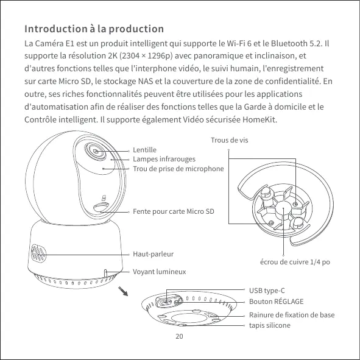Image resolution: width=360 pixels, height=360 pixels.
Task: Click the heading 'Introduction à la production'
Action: coord(94,29)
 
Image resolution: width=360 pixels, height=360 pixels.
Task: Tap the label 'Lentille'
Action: coord(144,150)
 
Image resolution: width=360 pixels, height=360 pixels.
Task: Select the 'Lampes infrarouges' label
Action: coord(164,159)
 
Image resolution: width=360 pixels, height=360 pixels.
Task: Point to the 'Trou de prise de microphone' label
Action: coord(178,169)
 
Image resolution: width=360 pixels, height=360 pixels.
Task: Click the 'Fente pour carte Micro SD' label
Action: coord(174,211)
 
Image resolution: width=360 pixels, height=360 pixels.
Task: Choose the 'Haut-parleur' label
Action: coord(153,254)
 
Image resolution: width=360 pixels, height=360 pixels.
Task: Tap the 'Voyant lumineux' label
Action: coord(160,272)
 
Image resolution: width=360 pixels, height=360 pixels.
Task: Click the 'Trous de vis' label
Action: coord(230,140)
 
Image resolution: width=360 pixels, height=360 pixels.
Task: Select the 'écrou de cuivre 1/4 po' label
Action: coord(295,262)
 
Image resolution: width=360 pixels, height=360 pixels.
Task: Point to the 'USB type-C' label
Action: coord(267,291)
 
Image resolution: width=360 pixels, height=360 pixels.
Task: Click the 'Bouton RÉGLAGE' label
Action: coord(276,302)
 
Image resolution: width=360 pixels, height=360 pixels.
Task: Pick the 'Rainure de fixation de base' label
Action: coord(292,315)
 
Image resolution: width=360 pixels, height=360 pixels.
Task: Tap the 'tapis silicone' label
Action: coord(270,325)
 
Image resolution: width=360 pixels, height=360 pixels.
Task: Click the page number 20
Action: coord(179,336)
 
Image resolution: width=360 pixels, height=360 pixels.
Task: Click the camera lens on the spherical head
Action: coord(96,152)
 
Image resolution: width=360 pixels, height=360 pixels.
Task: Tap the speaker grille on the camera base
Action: coord(38,253)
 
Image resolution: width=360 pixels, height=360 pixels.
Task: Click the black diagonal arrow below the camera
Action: coord(123,291)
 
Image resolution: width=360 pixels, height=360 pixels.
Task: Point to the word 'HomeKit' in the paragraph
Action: coord(259,119)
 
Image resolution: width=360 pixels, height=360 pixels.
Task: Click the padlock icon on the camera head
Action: coord(104,198)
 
